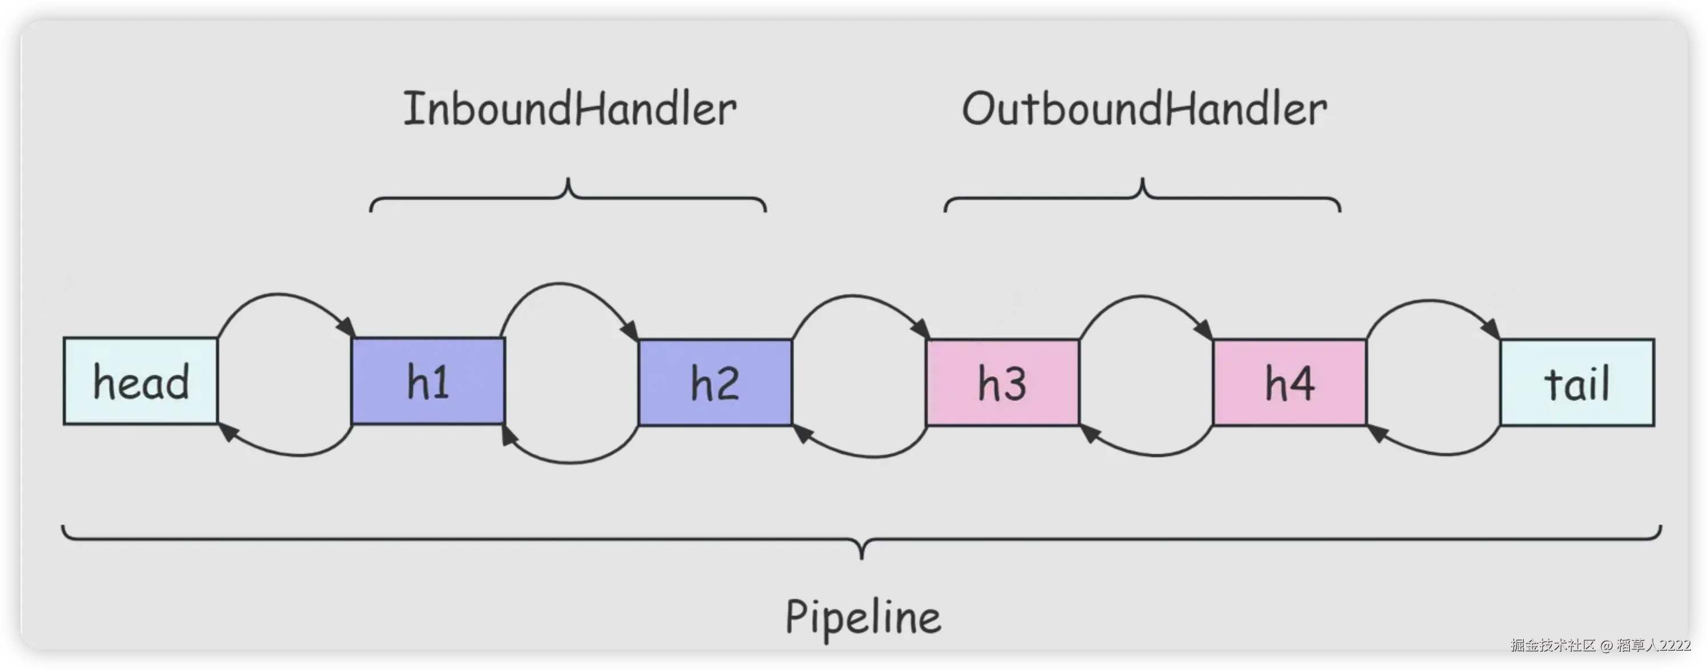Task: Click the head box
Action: tap(140, 381)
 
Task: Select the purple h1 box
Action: tap(428, 381)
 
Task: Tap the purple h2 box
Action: tap(715, 382)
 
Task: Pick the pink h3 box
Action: tap(1002, 382)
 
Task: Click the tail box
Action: tap(1577, 382)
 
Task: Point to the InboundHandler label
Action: tap(569, 109)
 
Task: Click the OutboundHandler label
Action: tap(1144, 109)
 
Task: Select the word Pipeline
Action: tap(863, 617)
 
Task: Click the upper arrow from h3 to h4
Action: tap(1143, 297)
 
